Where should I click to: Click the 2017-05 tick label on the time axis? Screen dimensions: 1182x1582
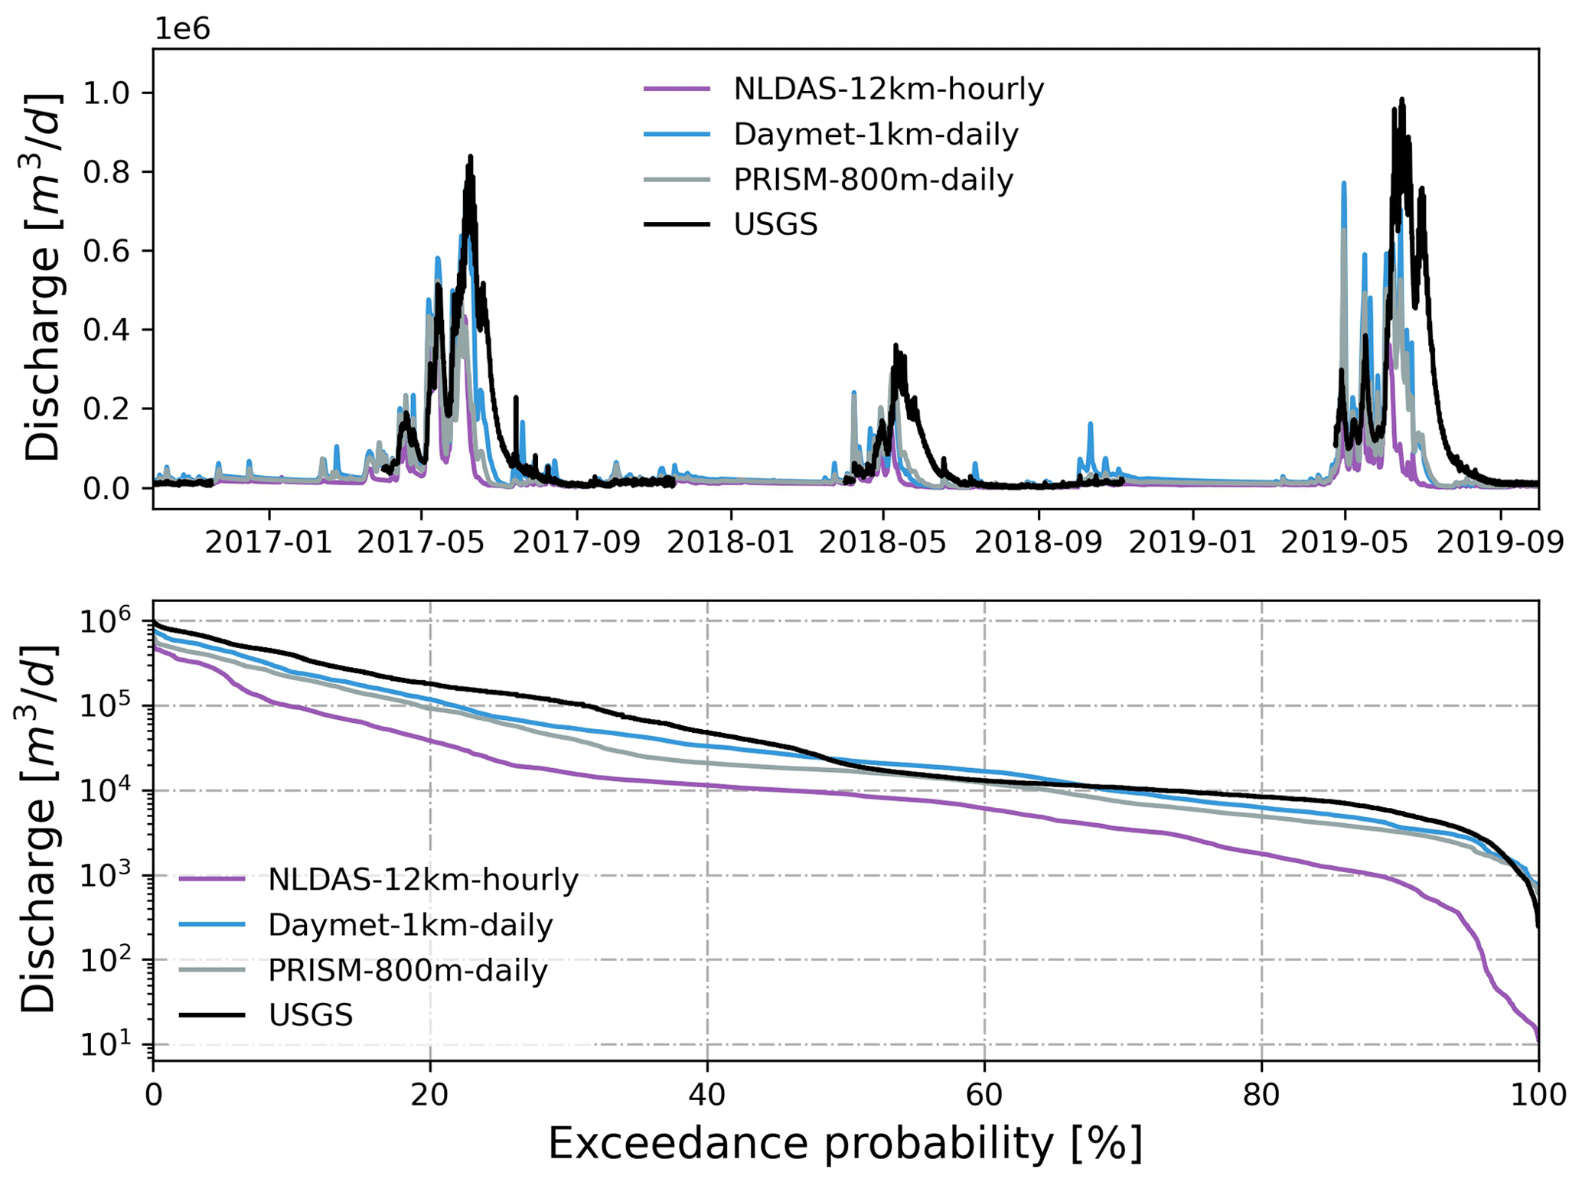coord(421,542)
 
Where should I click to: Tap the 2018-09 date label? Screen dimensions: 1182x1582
coord(1038,542)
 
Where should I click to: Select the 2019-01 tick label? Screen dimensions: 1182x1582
coord(1192,542)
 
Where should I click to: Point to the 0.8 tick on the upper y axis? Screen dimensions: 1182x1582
coord(107,172)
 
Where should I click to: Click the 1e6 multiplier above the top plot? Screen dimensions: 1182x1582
coord(182,29)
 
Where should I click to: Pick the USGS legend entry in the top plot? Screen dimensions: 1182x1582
coord(775,225)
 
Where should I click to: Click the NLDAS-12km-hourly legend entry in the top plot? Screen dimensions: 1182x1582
coord(888,90)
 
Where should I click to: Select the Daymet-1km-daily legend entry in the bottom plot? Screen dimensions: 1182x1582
coord(409,926)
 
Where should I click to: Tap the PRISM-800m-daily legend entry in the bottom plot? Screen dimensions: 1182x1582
coord(407,971)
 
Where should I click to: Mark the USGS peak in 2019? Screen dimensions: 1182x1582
coord(1401,99)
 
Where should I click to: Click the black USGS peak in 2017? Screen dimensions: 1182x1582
coord(471,157)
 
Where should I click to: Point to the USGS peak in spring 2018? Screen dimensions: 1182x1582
coord(895,346)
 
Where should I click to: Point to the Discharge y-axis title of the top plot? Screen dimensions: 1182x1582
coord(42,278)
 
